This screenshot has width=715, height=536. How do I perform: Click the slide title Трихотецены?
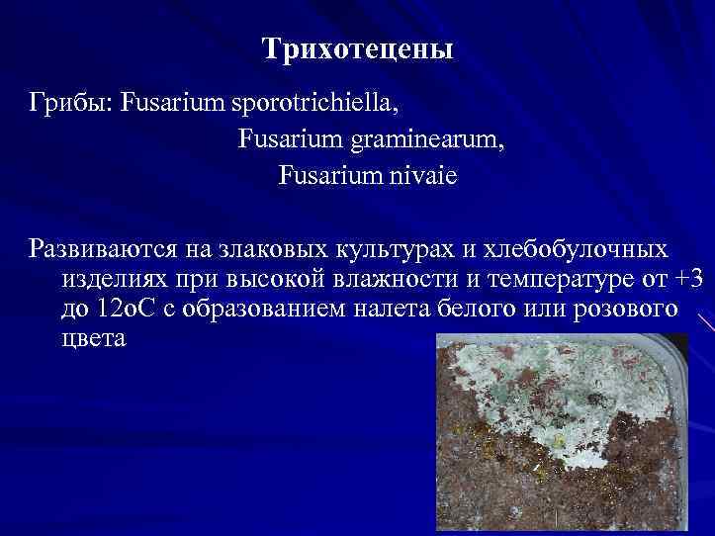358,49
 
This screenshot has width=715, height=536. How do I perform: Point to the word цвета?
93,339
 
